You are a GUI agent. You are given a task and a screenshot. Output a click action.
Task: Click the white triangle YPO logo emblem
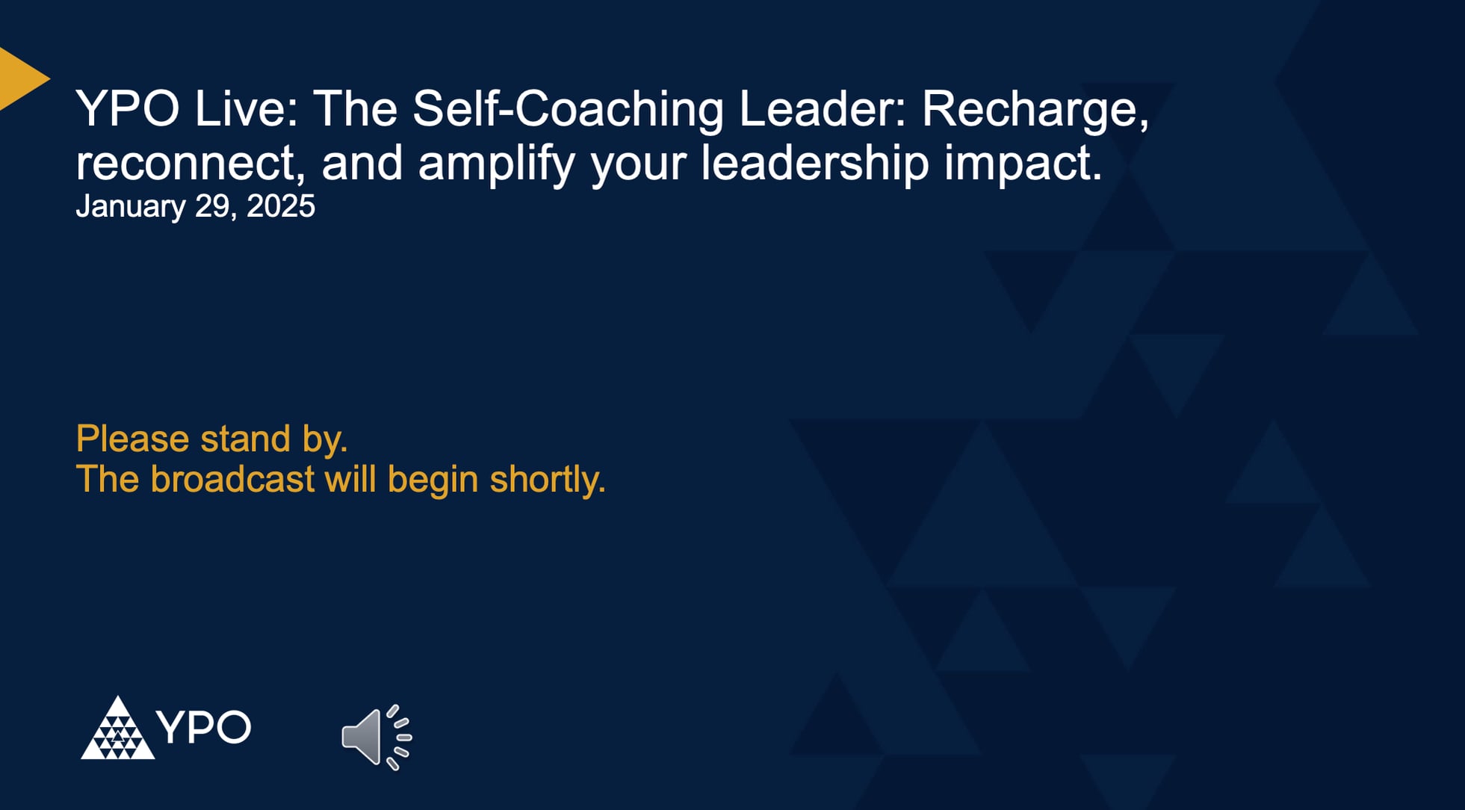117,729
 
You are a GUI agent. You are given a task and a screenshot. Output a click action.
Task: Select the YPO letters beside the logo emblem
203,727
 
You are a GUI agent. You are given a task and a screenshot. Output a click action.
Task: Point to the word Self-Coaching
568,108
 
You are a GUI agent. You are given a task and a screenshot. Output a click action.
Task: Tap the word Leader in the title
822,108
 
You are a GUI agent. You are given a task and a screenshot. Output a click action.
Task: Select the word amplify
496,164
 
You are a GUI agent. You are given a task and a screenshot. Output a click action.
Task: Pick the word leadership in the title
814,162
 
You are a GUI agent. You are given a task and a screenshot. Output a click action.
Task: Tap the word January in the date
130,207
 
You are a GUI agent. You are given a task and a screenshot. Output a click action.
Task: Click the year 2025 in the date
281,206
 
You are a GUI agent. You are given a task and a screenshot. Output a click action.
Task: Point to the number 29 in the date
214,206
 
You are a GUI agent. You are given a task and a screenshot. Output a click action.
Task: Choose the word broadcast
232,479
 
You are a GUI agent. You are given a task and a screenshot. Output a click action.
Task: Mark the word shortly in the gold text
547,480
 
